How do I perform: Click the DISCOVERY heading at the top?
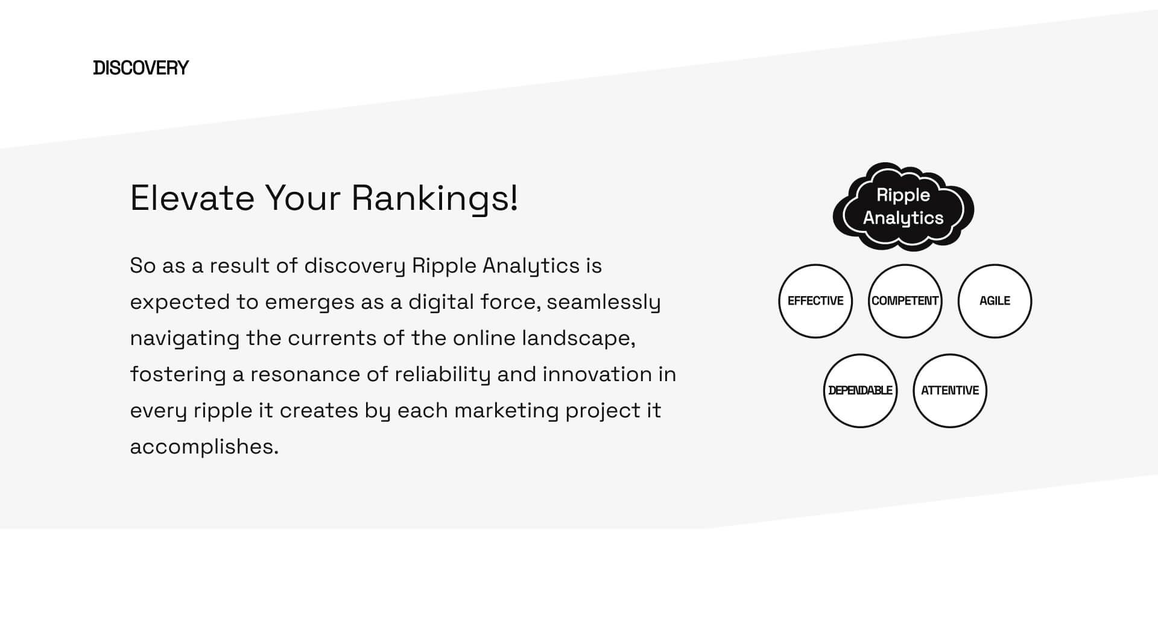pos(141,68)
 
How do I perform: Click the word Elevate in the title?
pos(192,198)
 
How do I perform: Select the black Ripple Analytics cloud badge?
pos(903,206)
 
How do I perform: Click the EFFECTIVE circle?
pos(815,301)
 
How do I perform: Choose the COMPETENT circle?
pos(905,301)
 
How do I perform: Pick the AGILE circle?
pos(995,301)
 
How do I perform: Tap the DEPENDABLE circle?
pos(860,391)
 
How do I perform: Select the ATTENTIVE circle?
pos(950,391)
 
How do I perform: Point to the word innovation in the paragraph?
pos(597,374)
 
